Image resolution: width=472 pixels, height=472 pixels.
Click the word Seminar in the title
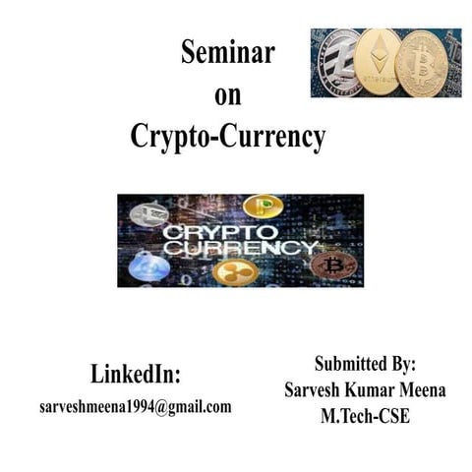point(227,54)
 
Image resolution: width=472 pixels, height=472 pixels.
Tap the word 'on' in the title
point(227,96)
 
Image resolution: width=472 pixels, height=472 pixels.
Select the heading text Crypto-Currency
point(227,138)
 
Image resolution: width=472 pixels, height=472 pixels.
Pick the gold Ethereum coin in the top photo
point(378,62)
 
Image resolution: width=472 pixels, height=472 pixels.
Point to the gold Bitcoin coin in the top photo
point(422,64)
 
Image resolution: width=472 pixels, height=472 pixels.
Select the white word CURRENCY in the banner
point(236,249)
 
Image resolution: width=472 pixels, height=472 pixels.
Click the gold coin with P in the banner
point(263,206)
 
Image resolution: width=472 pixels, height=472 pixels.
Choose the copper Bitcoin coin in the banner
point(330,265)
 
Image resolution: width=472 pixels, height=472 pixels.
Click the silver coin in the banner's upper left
point(149,213)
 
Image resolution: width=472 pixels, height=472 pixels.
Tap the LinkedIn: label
point(136,375)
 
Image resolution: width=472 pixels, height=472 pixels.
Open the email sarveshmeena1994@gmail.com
point(136,405)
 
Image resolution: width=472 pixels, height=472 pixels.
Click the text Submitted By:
point(365,362)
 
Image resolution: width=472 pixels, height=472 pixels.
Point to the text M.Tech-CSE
point(365,416)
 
